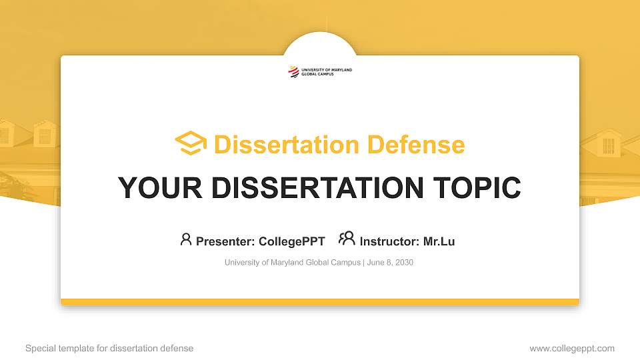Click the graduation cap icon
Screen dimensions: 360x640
click(x=191, y=144)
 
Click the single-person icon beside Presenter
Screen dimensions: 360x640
click(x=186, y=239)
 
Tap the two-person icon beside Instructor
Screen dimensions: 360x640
click(x=347, y=239)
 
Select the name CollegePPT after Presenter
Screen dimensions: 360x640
click(x=291, y=241)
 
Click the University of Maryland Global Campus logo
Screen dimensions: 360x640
click(x=320, y=71)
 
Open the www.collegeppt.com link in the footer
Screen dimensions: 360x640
click(x=572, y=348)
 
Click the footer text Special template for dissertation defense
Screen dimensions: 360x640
click(x=109, y=348)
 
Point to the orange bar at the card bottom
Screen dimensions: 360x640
click(x=320, y=302)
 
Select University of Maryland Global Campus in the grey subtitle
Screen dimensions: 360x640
click(x=293, y=263)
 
